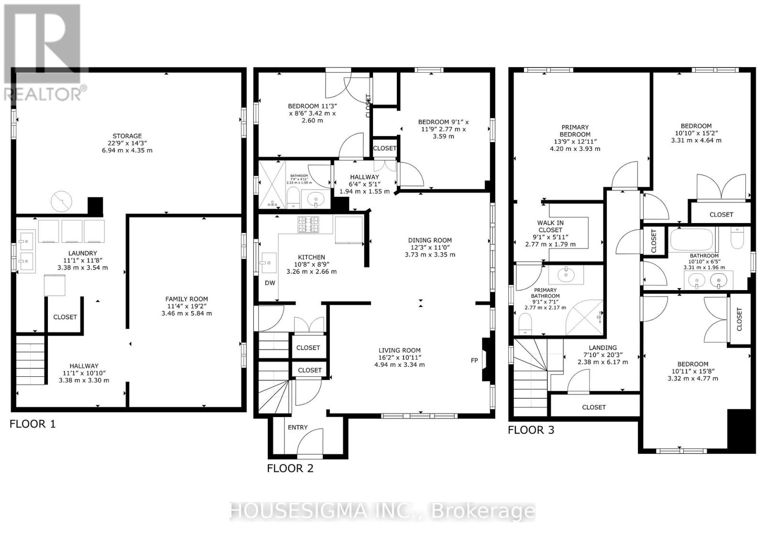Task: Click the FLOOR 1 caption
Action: click(x=33, y=424)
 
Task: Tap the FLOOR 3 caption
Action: click(x=531, y=430)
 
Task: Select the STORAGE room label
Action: click(x=127, y=136)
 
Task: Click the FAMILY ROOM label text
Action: click(x=186, y=299)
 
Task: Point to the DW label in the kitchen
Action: click(x=270, y=282)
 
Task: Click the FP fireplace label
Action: click(x=474, y=360)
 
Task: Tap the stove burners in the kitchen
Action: click(x=308, y=225)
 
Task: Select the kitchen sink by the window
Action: click(x=268, y=263)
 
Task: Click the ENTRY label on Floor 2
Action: click(x=297, y=427)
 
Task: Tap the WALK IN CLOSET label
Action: click(x=550, y=226)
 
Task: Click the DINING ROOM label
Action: click(x=429, y=240)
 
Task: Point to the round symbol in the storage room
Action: click(x=62, y=202)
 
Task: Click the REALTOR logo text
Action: click(x=46, y=93)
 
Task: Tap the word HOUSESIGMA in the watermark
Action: click(x=297, y=511)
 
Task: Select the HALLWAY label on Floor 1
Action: click(x=84, y=366)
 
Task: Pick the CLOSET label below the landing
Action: click(x=594, y=407)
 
